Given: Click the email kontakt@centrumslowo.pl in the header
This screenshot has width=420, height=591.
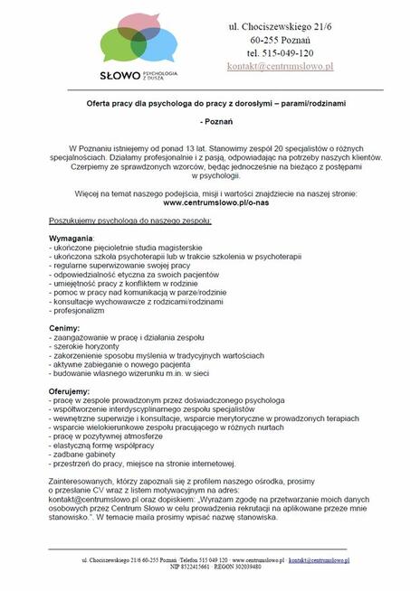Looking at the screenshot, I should pyautogui.click(x=280, y=67).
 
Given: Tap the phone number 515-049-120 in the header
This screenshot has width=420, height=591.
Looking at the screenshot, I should pyautogui.click(x=280, y=53).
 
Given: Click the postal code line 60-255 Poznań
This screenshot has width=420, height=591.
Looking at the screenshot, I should pyautogui.click(x=280, y=41).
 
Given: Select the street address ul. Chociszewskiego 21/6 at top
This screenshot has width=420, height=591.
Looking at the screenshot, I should pyautogui.click(x=280, y=27).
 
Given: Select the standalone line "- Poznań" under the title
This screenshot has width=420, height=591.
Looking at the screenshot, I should pyautogui.click(x=210, y=120).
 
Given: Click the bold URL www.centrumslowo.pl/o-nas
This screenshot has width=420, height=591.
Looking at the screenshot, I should pyautogui.click(x=210, y=203).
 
